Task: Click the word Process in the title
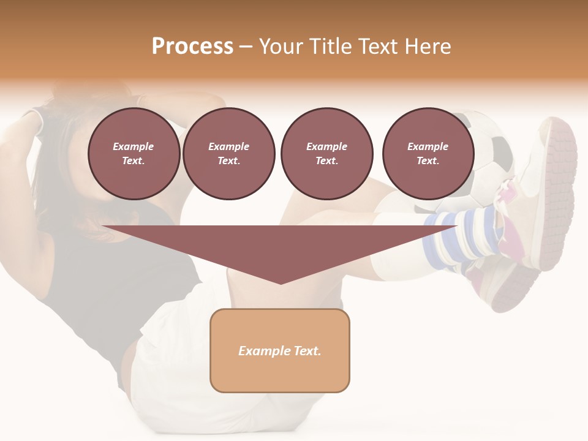(192, 47)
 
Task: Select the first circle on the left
(134, 153)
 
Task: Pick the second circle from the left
(228, 153)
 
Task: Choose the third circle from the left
(326, 153)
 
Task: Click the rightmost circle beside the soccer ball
(428, 153)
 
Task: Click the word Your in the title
(281, 47)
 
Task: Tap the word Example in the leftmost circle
(134, 146)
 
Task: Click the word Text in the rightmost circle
(428, 160)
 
